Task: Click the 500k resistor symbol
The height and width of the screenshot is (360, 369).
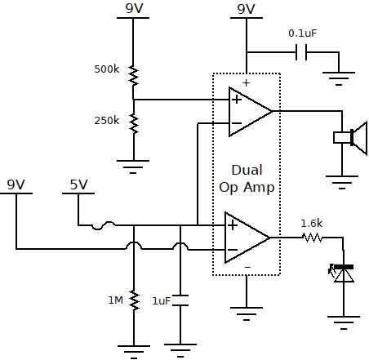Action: [x=133, y=78]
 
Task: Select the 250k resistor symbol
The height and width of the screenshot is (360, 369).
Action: [x=133, y=122]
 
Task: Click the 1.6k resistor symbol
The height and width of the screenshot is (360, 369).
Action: [x=311, y=238]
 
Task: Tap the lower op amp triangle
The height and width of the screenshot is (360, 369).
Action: [x=247, y=237]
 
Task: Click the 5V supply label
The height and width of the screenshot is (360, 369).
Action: [x=78, y=184]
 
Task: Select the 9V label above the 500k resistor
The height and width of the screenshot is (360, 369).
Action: [x=133, y=9]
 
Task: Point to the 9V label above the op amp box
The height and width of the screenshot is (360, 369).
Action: [x=246, y=9]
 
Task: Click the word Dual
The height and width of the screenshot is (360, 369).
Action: [x=247, y=170]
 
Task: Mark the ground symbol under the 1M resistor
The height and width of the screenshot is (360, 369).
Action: [x=133, y=352]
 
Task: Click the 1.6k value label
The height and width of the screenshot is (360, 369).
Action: [x=311, y=222]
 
